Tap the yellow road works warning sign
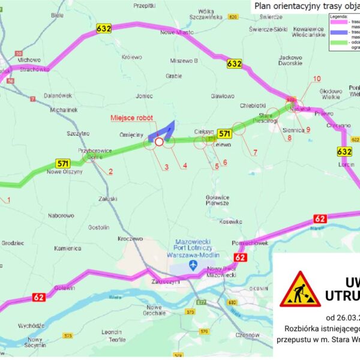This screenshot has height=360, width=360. [300, 289]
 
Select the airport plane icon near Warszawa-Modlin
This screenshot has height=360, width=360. [193, 265]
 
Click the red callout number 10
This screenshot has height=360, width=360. [317, 79]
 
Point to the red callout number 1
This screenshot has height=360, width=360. [8, 200]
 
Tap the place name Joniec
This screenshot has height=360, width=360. [145, 95]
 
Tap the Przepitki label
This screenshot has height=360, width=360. [145, 5]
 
